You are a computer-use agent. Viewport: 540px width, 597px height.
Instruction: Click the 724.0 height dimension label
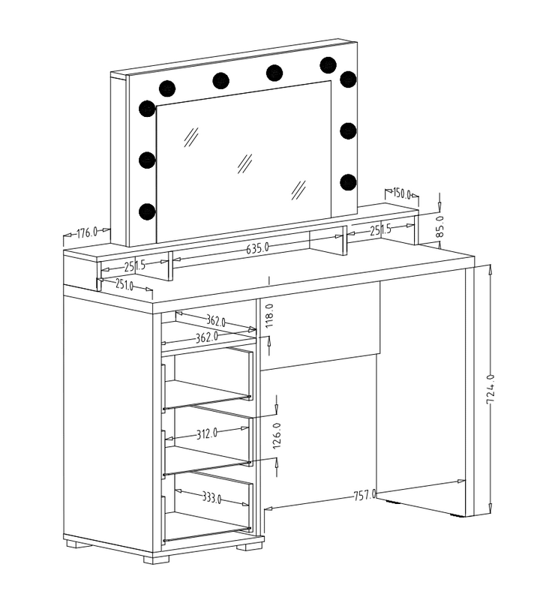click(490, 388)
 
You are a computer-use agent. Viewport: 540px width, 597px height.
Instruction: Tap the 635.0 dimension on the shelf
click(257, 248)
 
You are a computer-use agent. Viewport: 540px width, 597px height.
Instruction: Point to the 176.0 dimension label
click(87, 232)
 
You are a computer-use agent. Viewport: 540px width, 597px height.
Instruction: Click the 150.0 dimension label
click(402, 193)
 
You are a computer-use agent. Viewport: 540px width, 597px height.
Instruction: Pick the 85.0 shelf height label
click(439, 226)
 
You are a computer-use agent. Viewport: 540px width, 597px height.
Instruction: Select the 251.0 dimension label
click(124, 283)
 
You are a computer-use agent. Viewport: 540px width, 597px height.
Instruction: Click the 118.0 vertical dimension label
click(269, 316)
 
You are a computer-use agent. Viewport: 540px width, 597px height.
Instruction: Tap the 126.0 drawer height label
click(277, 435)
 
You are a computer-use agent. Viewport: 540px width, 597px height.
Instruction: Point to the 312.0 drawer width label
click(207, 433)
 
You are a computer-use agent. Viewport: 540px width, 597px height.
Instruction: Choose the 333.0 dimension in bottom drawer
click(211, 497)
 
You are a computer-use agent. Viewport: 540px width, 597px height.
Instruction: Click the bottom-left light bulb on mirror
click(147, 211)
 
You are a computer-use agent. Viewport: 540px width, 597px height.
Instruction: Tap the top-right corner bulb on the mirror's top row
click(328, 65)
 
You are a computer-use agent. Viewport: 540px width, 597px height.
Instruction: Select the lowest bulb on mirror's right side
click(348, 182)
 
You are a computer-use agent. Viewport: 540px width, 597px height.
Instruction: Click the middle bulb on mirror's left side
click(147, 160)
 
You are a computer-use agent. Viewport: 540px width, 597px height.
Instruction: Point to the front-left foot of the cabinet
click(156, 559)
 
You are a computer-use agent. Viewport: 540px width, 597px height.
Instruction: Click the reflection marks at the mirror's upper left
click(191, 137)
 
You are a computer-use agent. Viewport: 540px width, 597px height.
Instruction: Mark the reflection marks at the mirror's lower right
click(299, 190)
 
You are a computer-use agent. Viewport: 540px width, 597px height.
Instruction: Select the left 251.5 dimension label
click(135, 265)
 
